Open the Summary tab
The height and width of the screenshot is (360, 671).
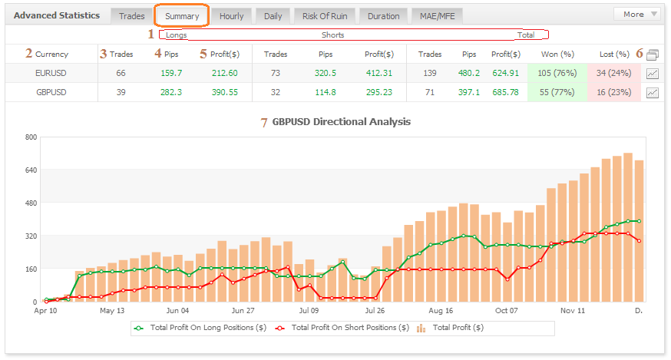coord(182,15)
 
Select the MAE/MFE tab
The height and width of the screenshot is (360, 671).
coord(437,15)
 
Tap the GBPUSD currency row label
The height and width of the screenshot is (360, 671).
coord(51,92)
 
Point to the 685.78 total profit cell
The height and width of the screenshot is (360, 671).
coord(505,92)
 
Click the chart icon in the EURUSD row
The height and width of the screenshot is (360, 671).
coord(653,74)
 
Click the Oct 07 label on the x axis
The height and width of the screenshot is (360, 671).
coord(507,311)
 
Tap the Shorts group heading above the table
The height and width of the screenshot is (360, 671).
coord(332,35)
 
